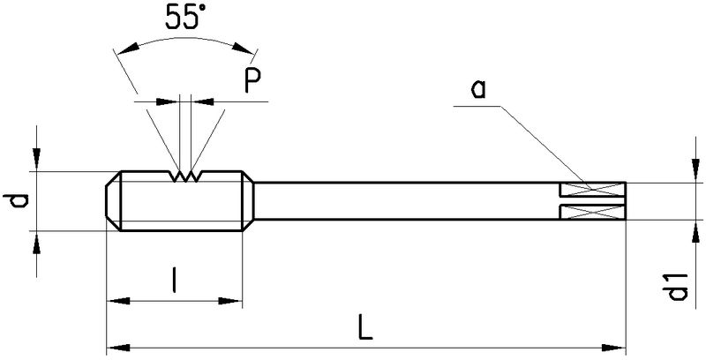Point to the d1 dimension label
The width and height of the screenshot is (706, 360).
point(678,288)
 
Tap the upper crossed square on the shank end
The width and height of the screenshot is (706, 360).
point(594,190)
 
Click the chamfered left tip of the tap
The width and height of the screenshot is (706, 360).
point(113,202)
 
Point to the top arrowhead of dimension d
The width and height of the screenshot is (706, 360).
point(35,161)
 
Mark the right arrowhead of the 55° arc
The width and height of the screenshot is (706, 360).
point(252,50)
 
